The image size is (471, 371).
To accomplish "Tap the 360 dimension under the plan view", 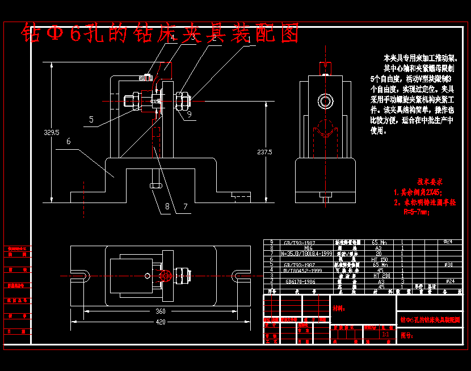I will coord(161,311).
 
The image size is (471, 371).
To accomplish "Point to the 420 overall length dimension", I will coord(161,322).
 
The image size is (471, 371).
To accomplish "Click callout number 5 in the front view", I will coord(91,120).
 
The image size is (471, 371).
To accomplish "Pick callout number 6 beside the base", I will coord(68,142).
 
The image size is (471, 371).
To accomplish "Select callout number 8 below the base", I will coord(167,206).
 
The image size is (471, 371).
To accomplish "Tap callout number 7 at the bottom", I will coord(186,206).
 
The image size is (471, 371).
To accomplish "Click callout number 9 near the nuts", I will coord(189,114).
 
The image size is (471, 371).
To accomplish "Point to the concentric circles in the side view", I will coord(326,102).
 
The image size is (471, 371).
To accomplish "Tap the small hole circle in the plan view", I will coord(148,276).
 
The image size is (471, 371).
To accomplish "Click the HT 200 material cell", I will coord(379,275).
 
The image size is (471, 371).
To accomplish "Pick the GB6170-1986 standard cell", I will coord(301,281).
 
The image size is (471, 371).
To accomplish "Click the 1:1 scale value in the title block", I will coord(386,335).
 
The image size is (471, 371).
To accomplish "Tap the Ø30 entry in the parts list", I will coord(448,264).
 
